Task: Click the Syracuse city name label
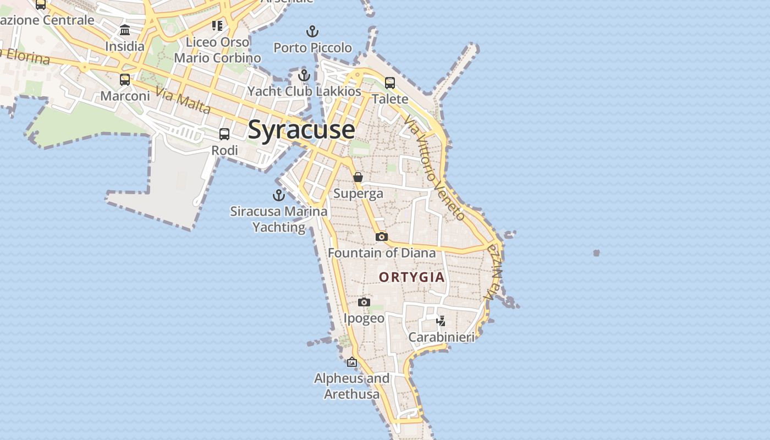click(x=301, y=130)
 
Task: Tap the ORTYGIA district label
click(x=412, y=277)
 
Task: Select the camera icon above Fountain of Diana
click(x=382, y=237)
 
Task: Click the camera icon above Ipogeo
click(x=364, y=302)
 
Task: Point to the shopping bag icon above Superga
click(x=358, y=177)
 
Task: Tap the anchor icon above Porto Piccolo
click(x=312, y=31)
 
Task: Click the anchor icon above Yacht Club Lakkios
click(x=304, y=75)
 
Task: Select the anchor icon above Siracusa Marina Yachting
click(x=279, y=195)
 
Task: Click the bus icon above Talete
click(x=390, y=83)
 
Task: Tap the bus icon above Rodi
click(x=224, y=134)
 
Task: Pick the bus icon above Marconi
click(x=125, y=80)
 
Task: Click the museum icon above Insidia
click(x=125, y=30)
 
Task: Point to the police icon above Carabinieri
click(x=441, y=321)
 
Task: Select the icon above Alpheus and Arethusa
click(x=352, y=362)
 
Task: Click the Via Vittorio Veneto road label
click(x=434, y=167)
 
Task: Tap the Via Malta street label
click(x=183, y=101)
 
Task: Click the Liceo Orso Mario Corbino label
click(x=218, y=50)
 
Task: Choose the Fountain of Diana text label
click(x=382, y=253)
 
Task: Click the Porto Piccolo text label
click(x=312, y=48)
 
